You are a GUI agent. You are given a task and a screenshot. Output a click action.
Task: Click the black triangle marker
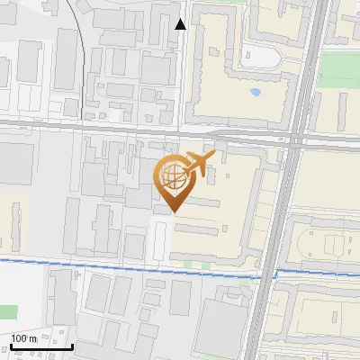click(181, 24)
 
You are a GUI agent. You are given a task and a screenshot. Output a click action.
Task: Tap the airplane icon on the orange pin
click(198, 164)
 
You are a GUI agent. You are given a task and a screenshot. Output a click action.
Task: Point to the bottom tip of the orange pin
click(173, 212)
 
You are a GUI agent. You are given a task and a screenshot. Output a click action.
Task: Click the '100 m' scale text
click(23, 337)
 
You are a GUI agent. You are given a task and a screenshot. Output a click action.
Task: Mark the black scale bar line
click(41, 346)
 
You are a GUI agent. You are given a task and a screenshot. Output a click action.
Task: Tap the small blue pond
click(256, 92)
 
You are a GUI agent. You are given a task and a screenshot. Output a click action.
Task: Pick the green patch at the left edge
click(7, 312)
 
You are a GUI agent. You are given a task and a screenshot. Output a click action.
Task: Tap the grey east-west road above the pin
click(108, 130)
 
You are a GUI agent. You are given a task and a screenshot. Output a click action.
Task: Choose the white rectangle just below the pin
click(160, 241)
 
